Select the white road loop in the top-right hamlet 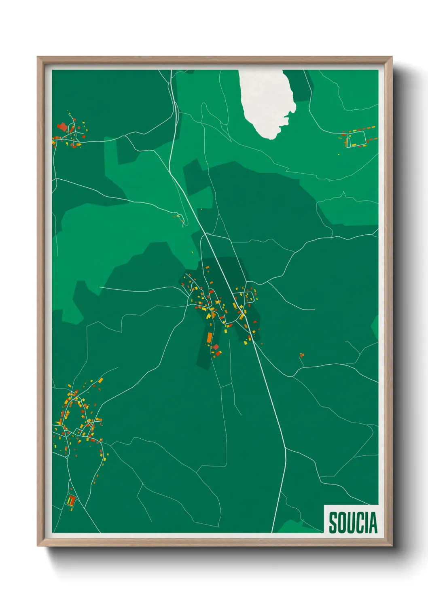(x=356, y=139)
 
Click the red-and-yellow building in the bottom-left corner (x=71, y=501)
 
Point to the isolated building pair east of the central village (x=301, y=355)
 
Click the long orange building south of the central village (x=210, y=338)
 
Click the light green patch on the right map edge (x=375, y=327)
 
